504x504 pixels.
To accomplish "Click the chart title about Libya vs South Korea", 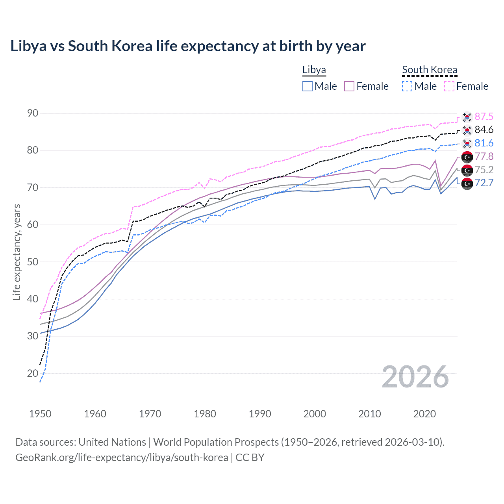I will (188, 46).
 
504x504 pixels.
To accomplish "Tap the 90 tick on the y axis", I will (33, 113).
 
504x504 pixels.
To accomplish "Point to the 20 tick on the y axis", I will (33, 373).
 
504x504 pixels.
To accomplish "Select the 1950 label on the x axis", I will (40, 414).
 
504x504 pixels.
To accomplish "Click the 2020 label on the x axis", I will (424, 414).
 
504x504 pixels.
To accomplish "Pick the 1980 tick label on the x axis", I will (205, 414).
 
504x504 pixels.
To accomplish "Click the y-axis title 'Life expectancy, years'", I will (17, 252).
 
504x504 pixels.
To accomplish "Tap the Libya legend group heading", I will (314, 70).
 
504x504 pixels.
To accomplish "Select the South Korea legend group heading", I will (430, 70).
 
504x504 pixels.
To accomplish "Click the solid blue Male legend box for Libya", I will (308, 86).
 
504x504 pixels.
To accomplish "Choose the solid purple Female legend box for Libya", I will (349, 86).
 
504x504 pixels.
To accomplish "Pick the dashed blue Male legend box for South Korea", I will (407, 86).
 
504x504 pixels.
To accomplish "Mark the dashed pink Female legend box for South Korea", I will (449, 86).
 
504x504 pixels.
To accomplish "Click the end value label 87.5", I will (484, 117).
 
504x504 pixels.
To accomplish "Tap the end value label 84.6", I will (484, 130).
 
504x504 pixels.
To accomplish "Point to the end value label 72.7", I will (484, 183).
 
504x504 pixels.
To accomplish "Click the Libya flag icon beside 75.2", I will (467, 170).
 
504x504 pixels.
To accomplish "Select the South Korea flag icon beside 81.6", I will (467, 143).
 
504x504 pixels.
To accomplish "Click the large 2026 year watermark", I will (415, 377).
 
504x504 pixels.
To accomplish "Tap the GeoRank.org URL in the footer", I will (122, 458).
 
